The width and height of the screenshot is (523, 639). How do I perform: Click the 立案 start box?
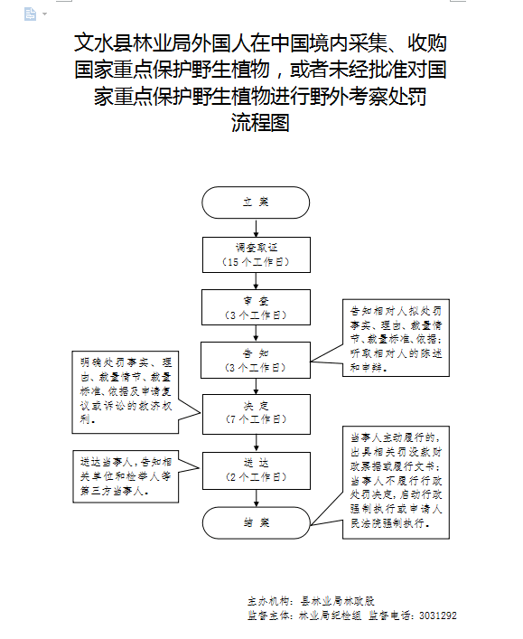[x=256, y=202]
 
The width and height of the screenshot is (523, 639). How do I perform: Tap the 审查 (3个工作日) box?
[x=256, y=307]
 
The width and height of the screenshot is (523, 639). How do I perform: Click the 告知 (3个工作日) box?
[x=256, y=360]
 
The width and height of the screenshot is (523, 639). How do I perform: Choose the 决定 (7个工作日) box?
[x=256, y=411]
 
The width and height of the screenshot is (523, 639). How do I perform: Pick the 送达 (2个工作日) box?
[x=256, y=467]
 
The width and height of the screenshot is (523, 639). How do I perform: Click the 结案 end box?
[x=256, y=522]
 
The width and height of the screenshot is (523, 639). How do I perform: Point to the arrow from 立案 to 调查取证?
[x=256, y=227]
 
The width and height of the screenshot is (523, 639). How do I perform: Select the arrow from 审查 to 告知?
[x=256, y=334]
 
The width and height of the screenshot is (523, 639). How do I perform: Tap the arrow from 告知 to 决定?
[x=256, y=386]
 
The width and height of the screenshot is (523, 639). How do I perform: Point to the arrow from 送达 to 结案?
[x=256, y=494]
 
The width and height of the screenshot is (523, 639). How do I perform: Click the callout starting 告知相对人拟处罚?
[x=396, y=339]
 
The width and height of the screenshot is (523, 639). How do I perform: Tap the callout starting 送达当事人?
[x=122, y=476]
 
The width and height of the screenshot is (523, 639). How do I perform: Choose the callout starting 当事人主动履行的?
[x=396, y=484]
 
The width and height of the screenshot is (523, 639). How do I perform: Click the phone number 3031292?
[x=437, y=616]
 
